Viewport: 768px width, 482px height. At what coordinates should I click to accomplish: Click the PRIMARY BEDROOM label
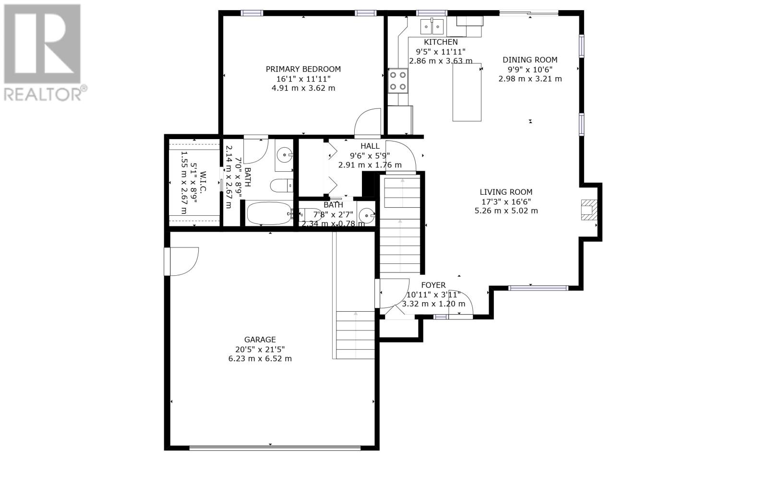tap(303, 69)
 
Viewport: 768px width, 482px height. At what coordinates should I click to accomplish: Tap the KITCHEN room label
tap(441, 42)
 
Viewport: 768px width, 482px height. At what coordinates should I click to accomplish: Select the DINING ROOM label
tap(530, 60)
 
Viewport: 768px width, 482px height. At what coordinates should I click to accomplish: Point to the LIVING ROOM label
tap(506, 192)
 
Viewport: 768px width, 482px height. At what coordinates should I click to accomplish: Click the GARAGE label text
tap(260, 340)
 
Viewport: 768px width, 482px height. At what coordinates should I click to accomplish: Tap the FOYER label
tap(433, 285)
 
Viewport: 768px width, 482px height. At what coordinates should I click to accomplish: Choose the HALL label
tap(370, 146)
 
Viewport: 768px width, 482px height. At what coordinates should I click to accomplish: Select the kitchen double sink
tap(432, 26)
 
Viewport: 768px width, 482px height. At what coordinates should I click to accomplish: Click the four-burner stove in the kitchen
tap(398, 81)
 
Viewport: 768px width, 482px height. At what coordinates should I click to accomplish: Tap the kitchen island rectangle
tap(467, 92)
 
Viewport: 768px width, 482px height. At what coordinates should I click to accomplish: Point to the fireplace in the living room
tap(589, 210)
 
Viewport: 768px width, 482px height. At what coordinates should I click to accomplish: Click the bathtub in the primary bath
tap(270, 213)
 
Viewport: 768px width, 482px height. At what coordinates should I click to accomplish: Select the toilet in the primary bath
tap(281, 186)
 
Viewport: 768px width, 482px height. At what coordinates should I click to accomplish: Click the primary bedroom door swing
tap(368, 122)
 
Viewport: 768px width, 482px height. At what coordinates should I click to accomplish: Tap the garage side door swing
tap(182, 261)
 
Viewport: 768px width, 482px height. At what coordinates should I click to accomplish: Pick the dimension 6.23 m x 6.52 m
tap(260, 359)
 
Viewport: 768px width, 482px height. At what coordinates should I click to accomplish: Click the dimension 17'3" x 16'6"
tap(506, 202)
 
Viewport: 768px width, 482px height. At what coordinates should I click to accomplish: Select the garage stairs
tap(355, 335)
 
